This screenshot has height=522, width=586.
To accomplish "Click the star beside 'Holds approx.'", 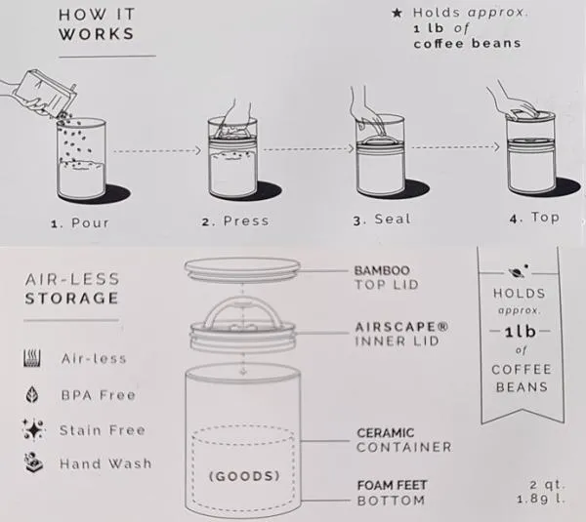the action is tap(397, 13).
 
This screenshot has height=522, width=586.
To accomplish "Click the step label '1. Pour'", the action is tap(80, 222).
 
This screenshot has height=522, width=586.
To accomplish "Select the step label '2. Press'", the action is tap(235, 221).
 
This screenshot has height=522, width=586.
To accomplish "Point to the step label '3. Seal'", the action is tap(382, 220).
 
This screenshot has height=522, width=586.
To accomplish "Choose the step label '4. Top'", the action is tap(534, 218).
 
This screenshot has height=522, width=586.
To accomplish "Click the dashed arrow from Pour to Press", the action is tap(157, 151).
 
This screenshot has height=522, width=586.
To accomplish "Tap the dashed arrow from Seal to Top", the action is tap(455, 147).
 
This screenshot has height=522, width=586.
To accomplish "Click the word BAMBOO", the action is tap(382, 270).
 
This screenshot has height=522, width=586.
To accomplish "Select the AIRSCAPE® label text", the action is tap(401, 327).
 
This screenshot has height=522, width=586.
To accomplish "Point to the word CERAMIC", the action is tap(386, 433).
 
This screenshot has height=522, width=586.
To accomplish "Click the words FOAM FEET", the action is tap(392, 485).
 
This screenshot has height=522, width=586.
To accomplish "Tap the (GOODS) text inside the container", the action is tap(244, 476).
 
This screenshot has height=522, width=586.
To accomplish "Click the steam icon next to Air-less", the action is tap(32, 358).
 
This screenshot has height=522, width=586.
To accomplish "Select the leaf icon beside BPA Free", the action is tap(32, 394).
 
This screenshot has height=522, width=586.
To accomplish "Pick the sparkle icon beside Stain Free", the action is tap(33, 429).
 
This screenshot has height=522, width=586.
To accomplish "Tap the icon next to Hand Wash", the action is tap(33, 463).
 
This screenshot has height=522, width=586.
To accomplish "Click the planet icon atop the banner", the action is tap(519, 271).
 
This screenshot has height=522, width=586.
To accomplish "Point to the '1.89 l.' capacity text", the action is tap(541, 499).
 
